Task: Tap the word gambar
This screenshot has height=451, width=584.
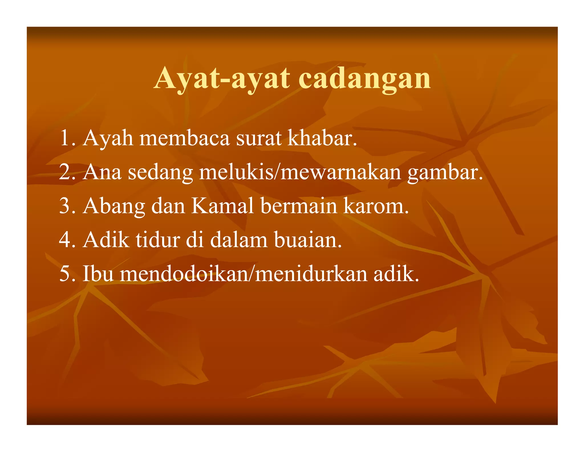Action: [x=445, y=173]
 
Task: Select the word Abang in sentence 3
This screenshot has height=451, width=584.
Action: [x=114, y=206]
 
